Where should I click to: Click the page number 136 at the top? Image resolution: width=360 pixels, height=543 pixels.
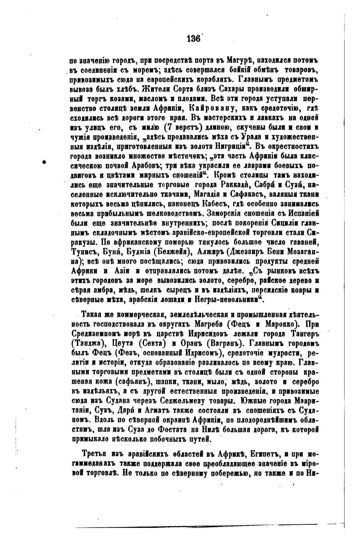tap(193, 39)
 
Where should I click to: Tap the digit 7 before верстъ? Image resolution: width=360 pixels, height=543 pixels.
tap(168, 128)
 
